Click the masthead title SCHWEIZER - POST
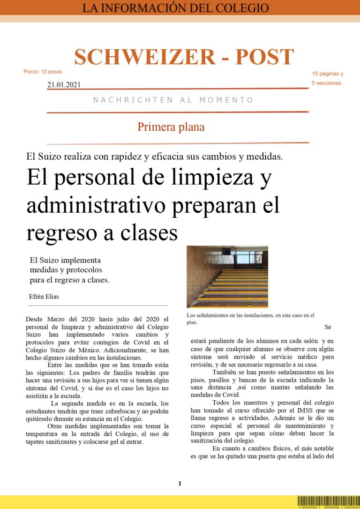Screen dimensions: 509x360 click(184, 57)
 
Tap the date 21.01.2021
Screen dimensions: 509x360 click(64, 85)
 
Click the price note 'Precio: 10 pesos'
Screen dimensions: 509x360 click(43, 72)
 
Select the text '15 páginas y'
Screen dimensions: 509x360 click(328, 74)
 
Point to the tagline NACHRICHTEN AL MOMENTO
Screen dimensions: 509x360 click(173, 100)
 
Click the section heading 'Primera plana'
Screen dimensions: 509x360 click(171, 127)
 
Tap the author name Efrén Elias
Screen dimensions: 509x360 click(44, 297)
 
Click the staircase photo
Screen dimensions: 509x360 click(227, 276)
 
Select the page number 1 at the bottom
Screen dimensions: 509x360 click(180, 483)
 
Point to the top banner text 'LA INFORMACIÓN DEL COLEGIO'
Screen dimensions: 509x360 click(176, 8)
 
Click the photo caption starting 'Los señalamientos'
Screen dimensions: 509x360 click(250, 319)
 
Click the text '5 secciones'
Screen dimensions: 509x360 click(326, 83)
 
